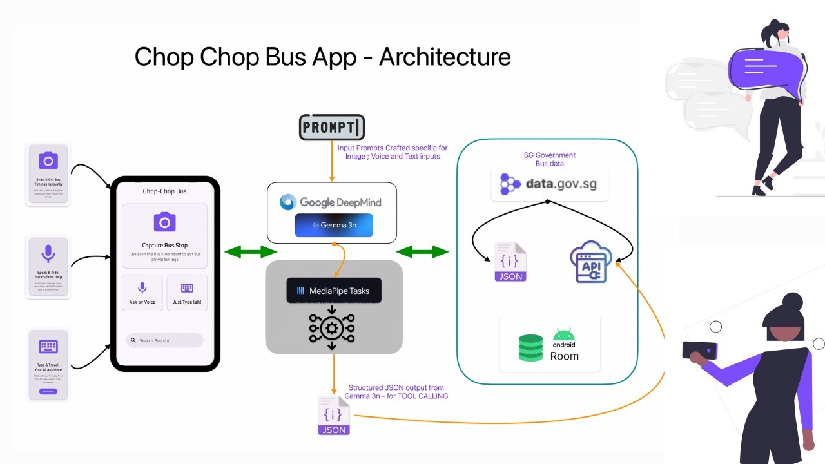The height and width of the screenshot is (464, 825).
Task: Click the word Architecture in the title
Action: pos(445,57)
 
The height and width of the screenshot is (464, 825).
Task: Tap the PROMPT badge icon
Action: pos(332,128)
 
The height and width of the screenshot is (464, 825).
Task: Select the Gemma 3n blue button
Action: pos(334,226)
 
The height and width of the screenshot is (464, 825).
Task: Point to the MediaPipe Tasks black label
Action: pos(333,291)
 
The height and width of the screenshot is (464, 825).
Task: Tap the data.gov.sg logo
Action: pos(549,184)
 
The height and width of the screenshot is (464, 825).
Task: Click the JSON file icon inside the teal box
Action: pos(510,262)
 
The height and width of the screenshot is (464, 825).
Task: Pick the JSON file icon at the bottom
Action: pos(334,416)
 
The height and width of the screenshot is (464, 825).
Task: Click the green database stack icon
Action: pos(530,347)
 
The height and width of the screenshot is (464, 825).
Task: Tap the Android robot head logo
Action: pos(564,335)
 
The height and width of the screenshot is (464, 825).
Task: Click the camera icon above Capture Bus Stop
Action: pos(164,222)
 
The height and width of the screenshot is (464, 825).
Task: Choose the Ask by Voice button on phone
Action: pos(142,293)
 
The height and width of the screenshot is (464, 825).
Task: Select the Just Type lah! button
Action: pos(187,293)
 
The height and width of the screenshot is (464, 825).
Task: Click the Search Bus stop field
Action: pos(164,340)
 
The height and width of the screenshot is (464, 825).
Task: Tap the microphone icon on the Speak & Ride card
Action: pos(48,254)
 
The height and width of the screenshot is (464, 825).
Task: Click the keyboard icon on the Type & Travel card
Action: pos(48,347)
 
